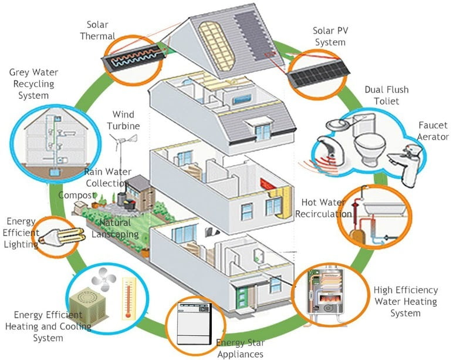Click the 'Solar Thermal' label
tap(101, 31)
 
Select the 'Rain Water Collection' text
tap(107, 177)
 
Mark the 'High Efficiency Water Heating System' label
tap(405, 301)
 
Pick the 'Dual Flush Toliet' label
tap(386, 95)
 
